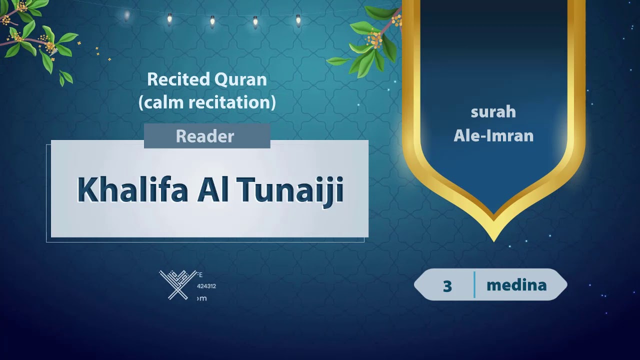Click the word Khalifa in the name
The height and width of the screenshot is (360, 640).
132,190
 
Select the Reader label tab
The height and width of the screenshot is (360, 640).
205,136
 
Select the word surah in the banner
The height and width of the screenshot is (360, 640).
493,112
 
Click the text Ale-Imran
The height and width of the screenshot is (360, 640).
493,135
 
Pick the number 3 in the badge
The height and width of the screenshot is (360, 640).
447,286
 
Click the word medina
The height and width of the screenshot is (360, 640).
516,285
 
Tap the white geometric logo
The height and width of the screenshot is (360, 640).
178,285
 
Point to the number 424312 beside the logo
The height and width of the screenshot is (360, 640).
206,286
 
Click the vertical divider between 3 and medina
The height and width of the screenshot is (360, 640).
474,285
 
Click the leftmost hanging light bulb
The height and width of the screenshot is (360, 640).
126,15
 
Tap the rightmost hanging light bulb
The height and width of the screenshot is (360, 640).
298,20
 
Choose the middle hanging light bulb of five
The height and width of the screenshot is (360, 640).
212,21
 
